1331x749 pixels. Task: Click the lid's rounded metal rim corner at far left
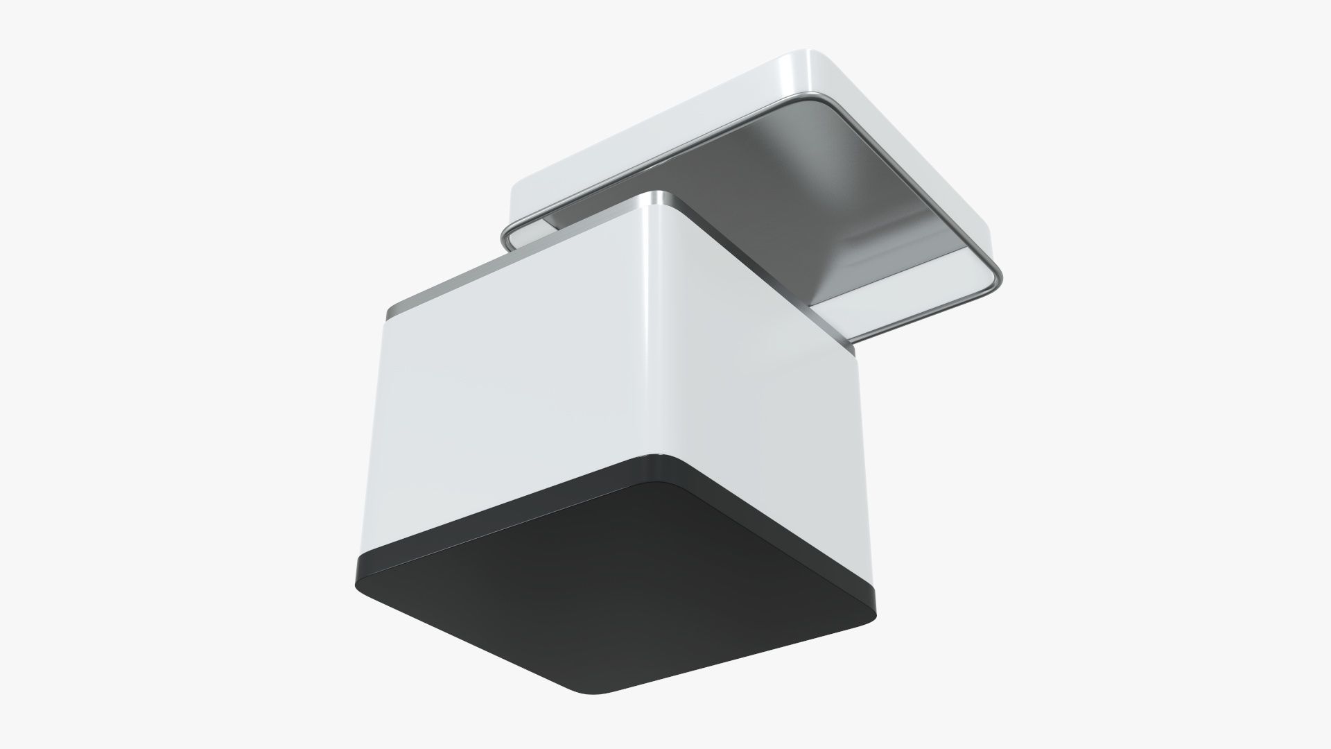(506, 236)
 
